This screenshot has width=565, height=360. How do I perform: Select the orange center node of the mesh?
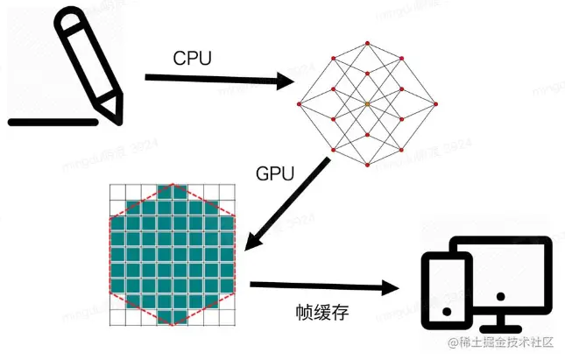pos(368,105)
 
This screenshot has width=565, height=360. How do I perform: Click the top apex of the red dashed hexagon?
pos(173,186)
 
